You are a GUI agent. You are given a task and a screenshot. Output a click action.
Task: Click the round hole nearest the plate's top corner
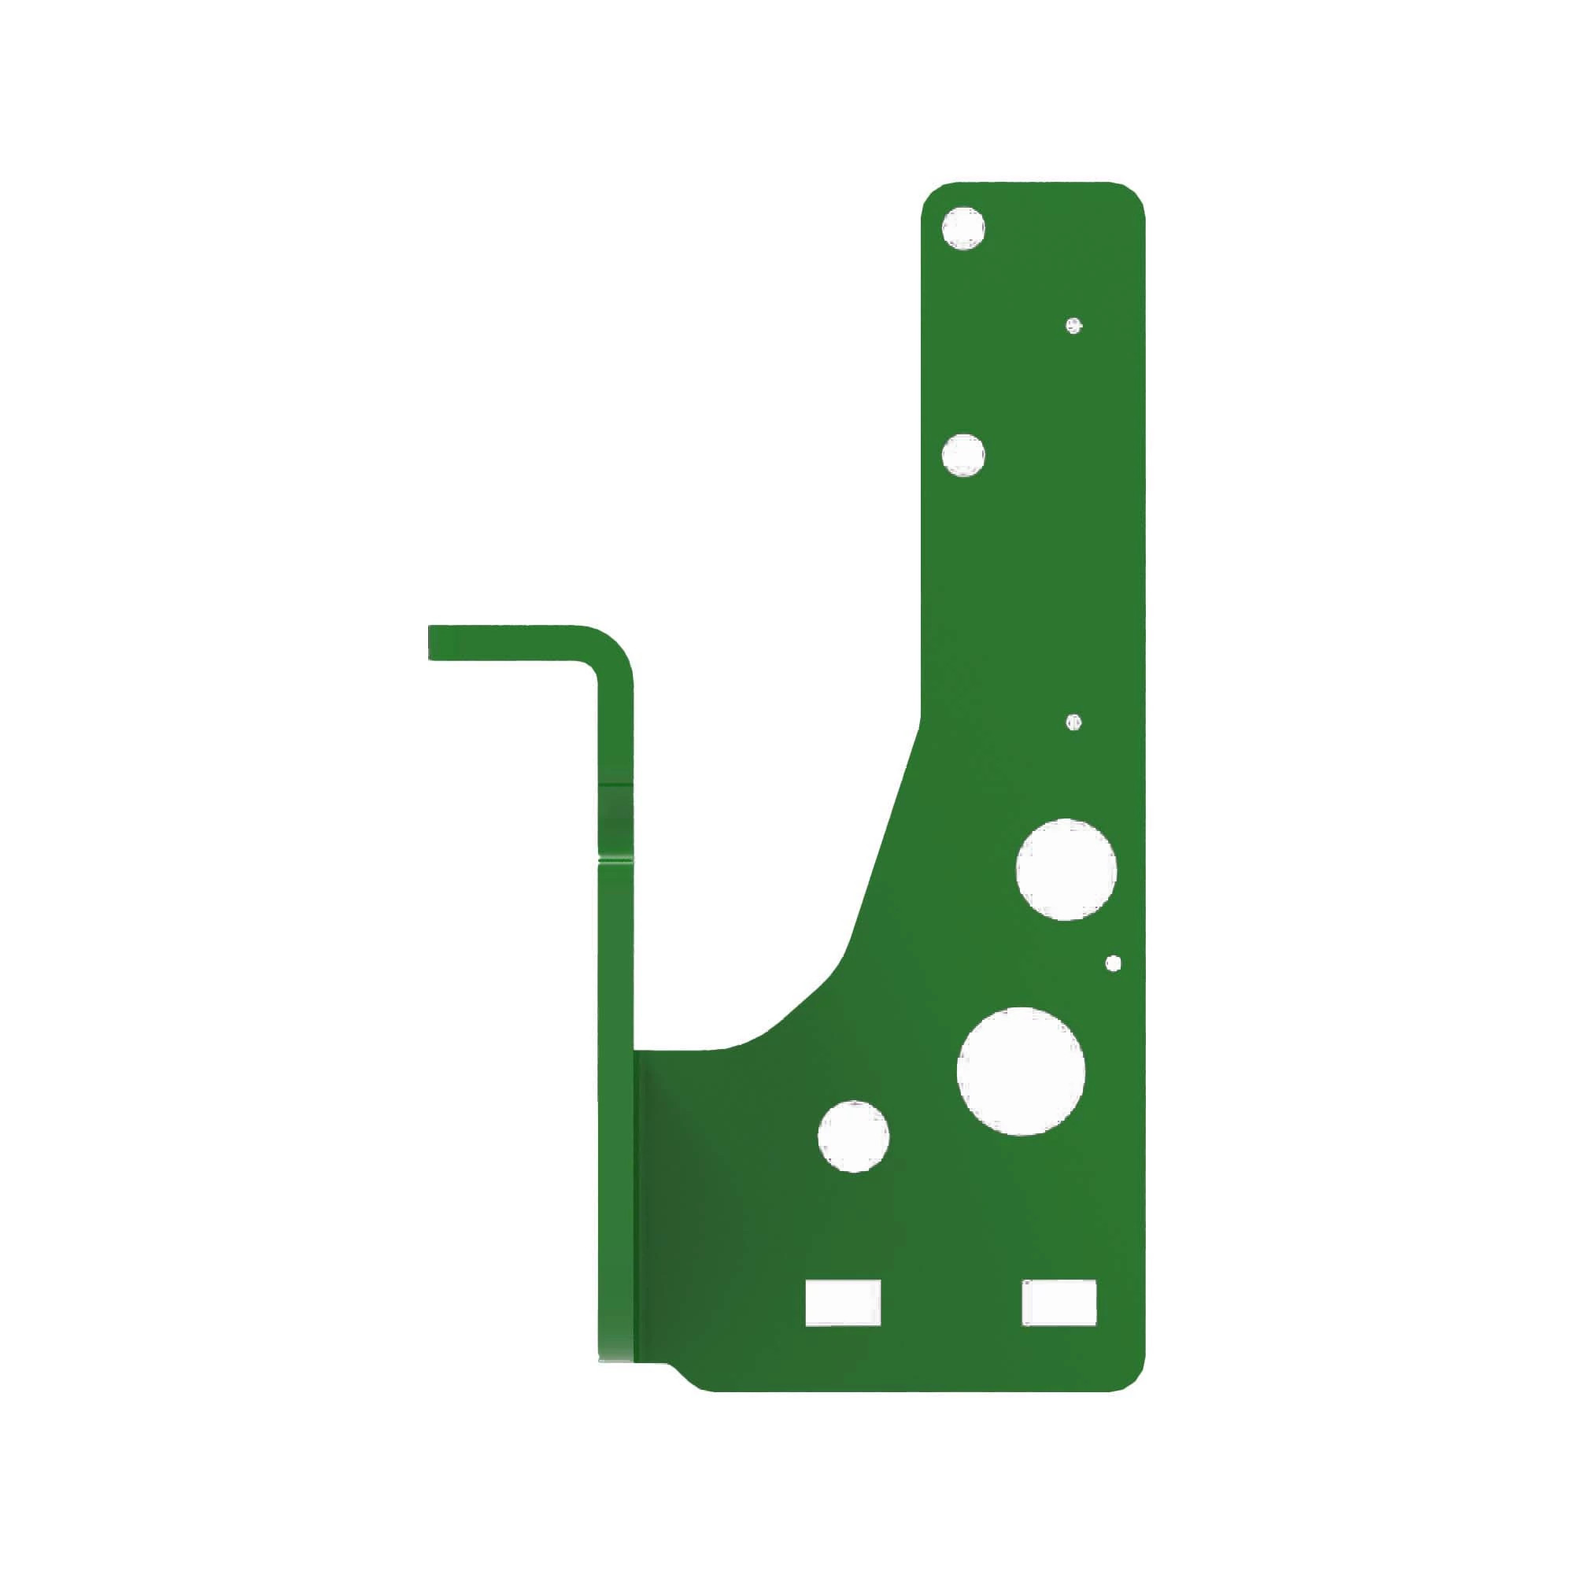pos(963,227)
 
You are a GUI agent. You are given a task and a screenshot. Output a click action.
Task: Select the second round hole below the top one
pos(963,455)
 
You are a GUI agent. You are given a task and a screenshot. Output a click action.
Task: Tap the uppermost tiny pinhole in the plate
pos(1074,326)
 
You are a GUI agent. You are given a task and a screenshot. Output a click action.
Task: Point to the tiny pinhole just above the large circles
pos(1073,722)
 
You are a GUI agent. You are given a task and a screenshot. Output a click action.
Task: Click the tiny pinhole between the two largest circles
pos(1114,964)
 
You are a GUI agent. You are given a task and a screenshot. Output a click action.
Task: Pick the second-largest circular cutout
pos(1066,870)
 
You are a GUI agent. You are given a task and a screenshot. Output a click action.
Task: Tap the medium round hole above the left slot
pos(853,1136)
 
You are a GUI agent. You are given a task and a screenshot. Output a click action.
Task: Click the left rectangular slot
pos(843,1303)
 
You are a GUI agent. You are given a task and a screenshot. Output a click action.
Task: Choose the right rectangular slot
pos(1059,1302)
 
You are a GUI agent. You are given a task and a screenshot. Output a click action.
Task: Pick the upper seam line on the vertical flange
pos(616,784)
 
